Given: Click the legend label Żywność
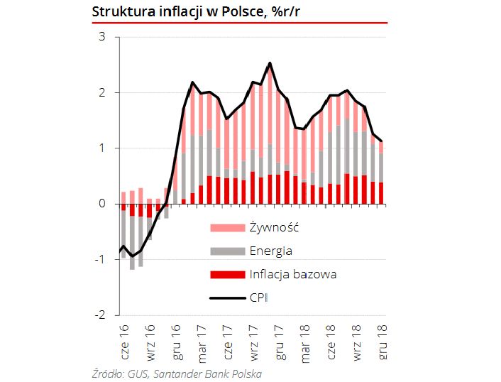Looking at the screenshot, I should (x=273, y=228).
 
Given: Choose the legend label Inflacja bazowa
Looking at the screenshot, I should (x=292, y=274).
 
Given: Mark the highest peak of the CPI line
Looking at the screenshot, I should (x=270, y=63).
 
